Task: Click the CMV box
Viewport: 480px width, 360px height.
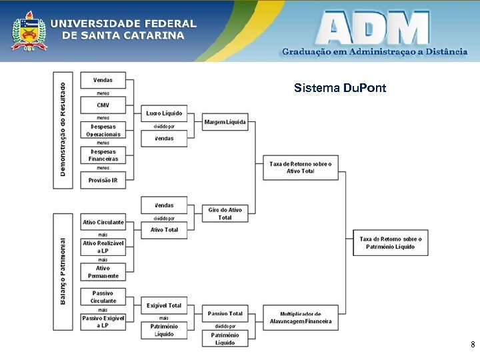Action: point(103,105)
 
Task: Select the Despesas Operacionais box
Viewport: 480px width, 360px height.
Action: point(103,130)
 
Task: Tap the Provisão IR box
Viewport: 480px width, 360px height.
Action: point(103,180)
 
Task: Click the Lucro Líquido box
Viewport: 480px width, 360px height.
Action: point(164,113)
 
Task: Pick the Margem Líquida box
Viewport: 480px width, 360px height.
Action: point(225,122)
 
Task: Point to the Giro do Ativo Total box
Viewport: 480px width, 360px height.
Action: point(225,213)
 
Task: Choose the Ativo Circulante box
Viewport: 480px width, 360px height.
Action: point(103,222)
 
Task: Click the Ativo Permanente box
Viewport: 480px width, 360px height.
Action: point(103,272)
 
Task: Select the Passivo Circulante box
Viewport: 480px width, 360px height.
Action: point(103,297)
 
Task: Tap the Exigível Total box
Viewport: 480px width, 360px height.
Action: point(164,305)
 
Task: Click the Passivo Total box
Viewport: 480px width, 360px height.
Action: point(225,313)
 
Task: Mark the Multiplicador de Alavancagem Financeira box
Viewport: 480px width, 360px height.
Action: point(300,317)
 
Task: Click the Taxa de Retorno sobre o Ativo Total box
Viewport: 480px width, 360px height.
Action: point(300,167)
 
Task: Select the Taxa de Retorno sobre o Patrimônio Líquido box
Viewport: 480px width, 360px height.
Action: point(390,243)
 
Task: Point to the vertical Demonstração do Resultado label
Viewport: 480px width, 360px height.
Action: point(63,129)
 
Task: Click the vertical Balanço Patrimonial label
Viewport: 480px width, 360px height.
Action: point(63,271)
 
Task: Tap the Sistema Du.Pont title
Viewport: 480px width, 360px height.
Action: point(339,88)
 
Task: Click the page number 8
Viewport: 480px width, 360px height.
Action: point(472,345)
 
